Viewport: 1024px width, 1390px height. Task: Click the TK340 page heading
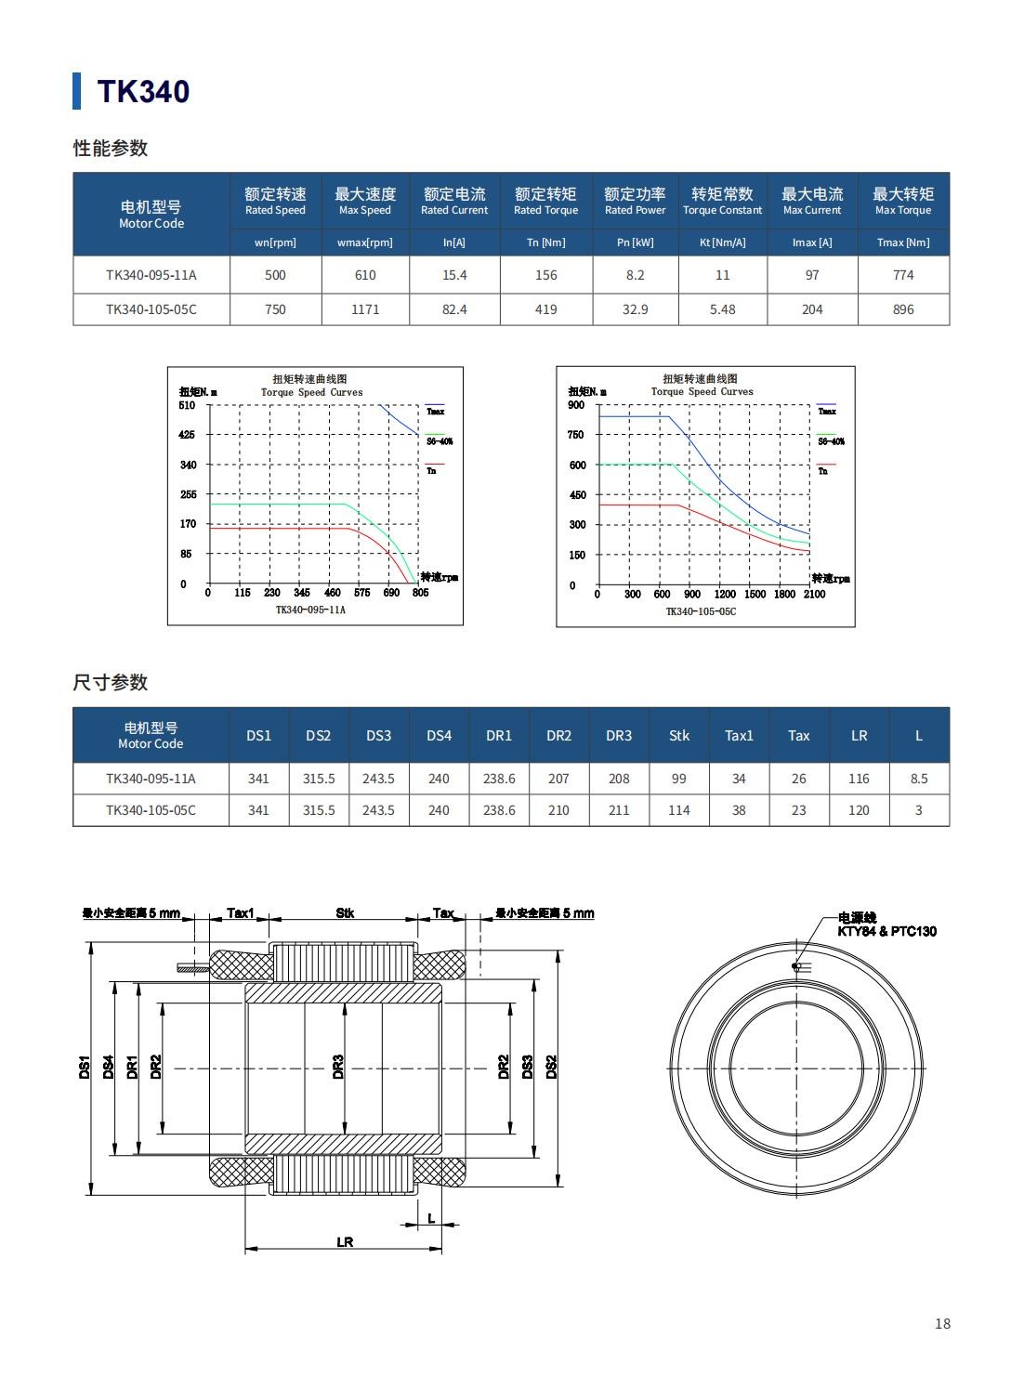point(143,91)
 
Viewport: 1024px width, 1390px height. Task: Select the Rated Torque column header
point(545,201)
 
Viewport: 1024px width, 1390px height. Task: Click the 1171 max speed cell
point(365,309)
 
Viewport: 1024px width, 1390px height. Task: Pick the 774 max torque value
point(903,275)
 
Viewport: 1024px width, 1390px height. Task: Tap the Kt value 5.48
point(722,309)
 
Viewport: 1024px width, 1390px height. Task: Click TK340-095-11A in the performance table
point(151,275)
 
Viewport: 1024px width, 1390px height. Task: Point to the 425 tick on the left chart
point(188,435)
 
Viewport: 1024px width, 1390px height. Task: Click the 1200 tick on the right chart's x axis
point(725,595)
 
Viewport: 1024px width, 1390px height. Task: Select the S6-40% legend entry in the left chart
point(440,441)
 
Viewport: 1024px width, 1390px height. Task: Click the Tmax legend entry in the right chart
point(827,411)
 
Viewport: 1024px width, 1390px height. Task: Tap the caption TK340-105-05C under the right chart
point(701,611)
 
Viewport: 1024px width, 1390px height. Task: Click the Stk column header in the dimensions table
point(679,735)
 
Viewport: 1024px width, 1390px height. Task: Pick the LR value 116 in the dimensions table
point(859,779)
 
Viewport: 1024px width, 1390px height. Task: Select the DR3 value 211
point(619,810)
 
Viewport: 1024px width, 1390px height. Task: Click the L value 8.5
point(919,779)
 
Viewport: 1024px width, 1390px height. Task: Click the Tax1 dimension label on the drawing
point(241,913)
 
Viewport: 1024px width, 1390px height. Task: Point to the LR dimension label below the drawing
point(345,1242)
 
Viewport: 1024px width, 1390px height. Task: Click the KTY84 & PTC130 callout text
point(886,931)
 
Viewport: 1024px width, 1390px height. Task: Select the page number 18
point(942,1324)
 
